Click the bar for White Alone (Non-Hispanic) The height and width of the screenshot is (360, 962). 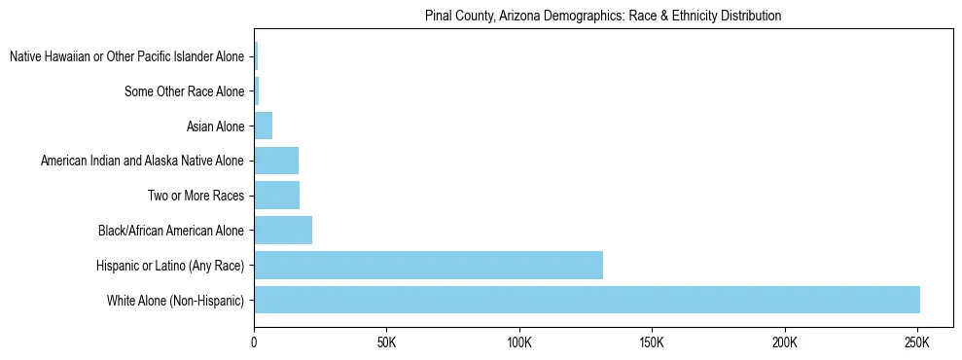pos(587,300)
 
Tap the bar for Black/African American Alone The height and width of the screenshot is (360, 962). pos(283,231)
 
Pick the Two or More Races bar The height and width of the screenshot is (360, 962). pos(276,196)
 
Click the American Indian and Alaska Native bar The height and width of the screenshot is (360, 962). pos(276,161)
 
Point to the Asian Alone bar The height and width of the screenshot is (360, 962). pos(263,126)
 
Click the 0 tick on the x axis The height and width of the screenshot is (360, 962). pos(254,344)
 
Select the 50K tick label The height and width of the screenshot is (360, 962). pos(386,344)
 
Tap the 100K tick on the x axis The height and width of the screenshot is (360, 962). pos(519,344)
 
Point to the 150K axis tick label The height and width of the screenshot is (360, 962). pos(652,344)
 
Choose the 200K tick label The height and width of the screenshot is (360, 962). pos(784,344)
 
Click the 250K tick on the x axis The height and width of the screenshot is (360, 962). pos(917,344)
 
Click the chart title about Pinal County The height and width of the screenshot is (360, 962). pos(603,17)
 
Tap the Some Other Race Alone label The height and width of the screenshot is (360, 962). pos(185,91)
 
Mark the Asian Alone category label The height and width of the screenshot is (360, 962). pos(215,126)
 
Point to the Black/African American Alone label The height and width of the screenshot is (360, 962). pos(171,231)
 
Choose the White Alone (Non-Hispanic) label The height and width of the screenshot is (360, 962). pos(176,301)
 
